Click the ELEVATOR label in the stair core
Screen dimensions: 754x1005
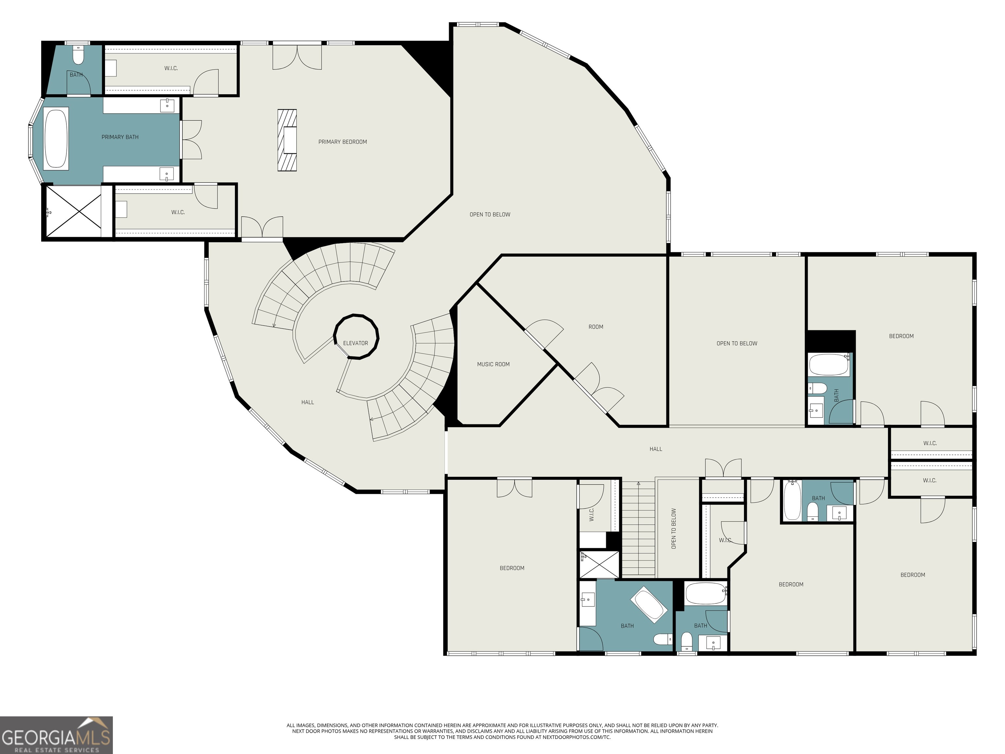(x=355, y=343)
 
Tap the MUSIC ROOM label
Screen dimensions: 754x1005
(x=493, y=364)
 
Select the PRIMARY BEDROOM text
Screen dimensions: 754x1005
(x=342, y=142)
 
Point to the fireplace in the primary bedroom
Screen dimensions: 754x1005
(x=288, y=140)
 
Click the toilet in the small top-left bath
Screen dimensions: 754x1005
(x=78, y=56)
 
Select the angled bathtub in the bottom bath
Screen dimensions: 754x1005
(x=648, y=605)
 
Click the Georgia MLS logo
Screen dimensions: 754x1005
(x=56, y=735)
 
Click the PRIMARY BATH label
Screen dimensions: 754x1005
(x=120, y=137)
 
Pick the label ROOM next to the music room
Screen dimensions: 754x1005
(x=596, y=327)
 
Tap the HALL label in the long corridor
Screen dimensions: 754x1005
(x=655, y=449)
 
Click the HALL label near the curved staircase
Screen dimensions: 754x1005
(x=307, y=402)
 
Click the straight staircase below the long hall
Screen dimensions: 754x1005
(x=638, y=530)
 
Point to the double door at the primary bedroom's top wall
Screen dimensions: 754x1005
(x=297, y=57)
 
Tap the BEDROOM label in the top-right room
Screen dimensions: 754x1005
(x=901, y=336)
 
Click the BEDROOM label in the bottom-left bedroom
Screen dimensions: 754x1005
(x=512, y=568)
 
